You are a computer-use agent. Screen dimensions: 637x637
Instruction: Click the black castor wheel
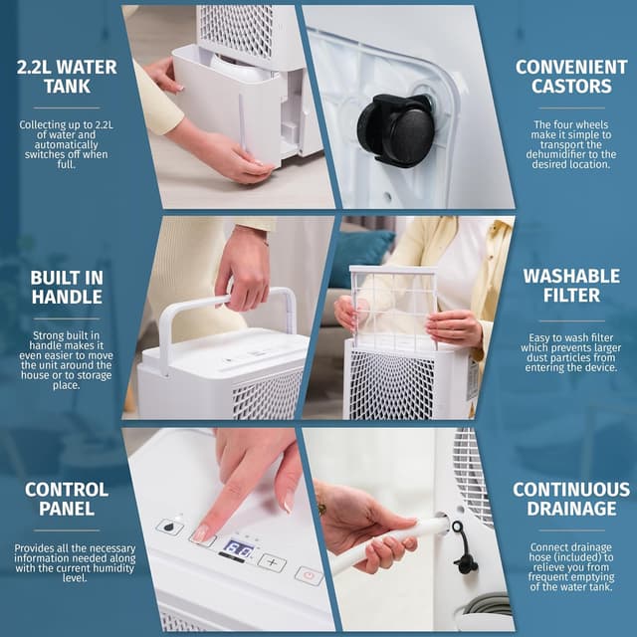(x=395, y=129)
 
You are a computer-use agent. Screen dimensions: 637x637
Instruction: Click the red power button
(x=308, y=575)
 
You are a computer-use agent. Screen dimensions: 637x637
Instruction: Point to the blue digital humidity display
(x=237, y=548)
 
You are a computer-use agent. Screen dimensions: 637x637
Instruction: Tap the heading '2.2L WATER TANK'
(x=67, y=78)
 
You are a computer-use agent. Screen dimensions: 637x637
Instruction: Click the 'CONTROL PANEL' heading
(x=67, y=499)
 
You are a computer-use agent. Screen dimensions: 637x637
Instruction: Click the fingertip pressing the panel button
(x=203, y=533)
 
